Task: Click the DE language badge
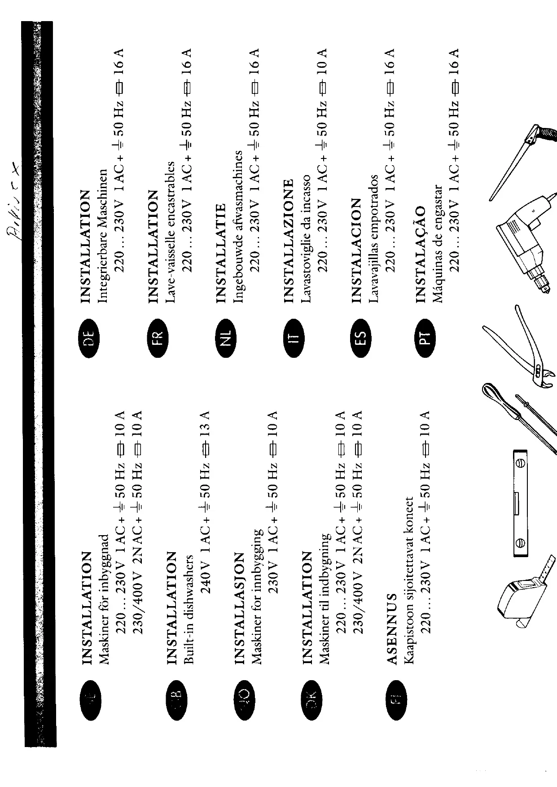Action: point(88,334)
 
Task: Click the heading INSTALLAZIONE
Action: point(289,240)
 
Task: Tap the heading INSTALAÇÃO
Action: point(421,254)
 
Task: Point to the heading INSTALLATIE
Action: point(221,253)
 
